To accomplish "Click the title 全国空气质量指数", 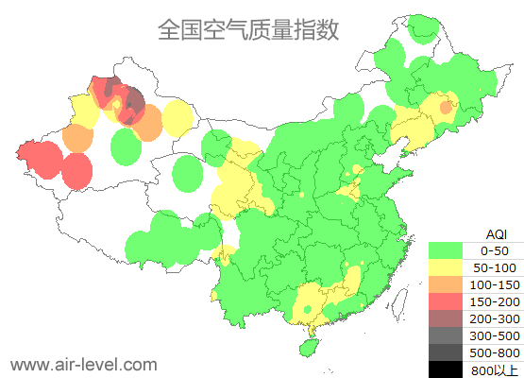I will pos(248,29).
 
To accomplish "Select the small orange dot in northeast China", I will pos(446,108).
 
